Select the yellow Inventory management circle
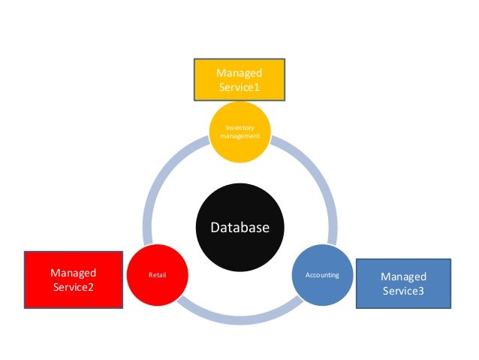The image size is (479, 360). (239, 134)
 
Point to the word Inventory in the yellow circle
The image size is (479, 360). (239, 129)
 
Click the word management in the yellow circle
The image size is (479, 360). (239, 137)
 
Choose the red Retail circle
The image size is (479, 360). (158, 274)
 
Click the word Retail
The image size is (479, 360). (157, 275)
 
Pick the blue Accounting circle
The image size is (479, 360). (321, 275)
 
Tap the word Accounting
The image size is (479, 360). (322, 275)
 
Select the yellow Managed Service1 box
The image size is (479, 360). (239, 80)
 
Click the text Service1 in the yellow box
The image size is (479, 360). (239, 88)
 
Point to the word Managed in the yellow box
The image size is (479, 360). (239, 73)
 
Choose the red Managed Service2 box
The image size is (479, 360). (74, 280)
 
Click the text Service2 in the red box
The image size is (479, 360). (74, 286)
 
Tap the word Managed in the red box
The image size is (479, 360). (74, 273)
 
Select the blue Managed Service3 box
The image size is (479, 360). (403, 283)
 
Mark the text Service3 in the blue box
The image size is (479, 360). (403, 291)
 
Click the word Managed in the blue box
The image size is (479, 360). (403, 277)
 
